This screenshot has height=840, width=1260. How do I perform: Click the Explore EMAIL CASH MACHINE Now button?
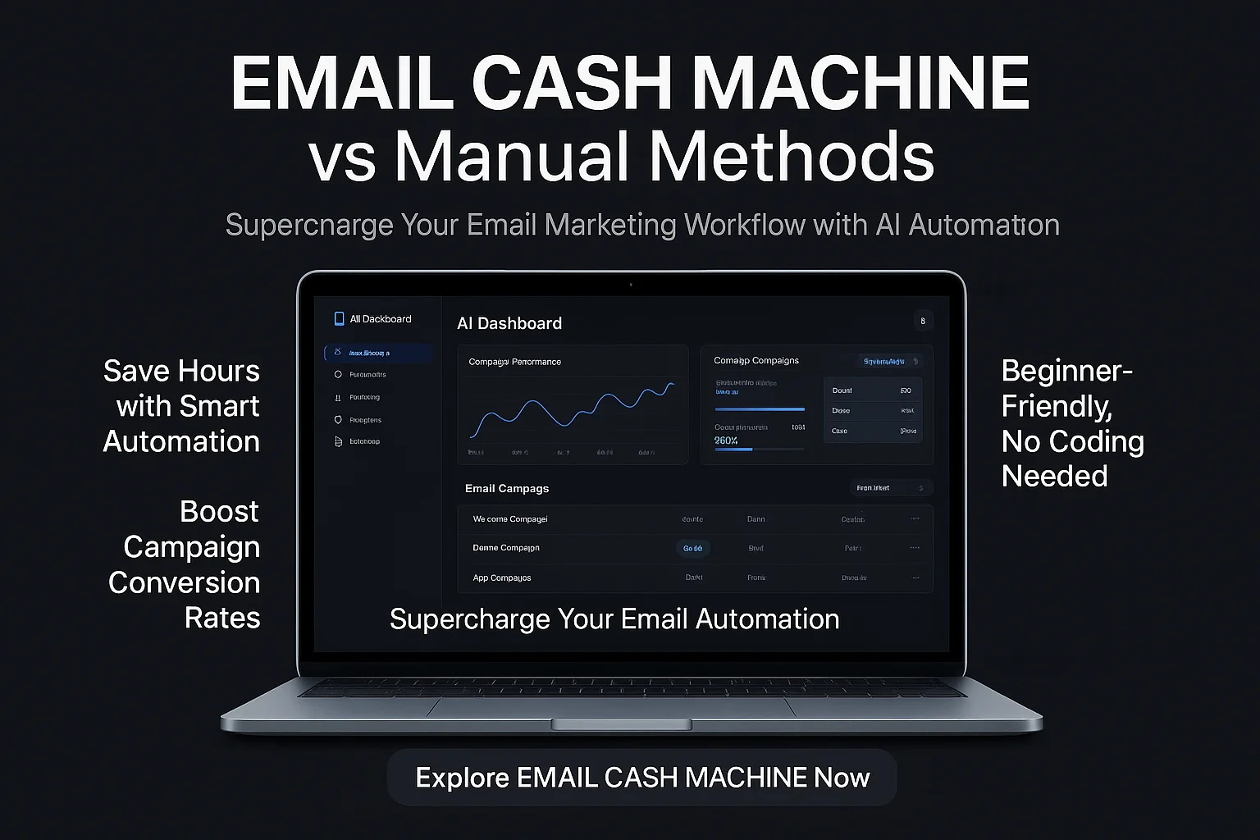point(641,777)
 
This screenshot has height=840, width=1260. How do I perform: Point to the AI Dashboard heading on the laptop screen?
point(509,323)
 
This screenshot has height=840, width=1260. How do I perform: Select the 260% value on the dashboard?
point(726,441)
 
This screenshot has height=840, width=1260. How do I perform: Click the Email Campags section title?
point(506,488)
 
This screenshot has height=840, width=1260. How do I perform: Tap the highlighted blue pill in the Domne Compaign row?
point(693,548)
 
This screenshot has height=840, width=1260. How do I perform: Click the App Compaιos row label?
point(501,577)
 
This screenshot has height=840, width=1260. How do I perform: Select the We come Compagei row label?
point(509,518)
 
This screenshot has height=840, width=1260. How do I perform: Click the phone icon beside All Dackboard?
point(339,319)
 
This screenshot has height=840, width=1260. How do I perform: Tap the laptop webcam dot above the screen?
point(631,285)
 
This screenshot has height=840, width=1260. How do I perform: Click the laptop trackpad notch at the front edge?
point(621,724)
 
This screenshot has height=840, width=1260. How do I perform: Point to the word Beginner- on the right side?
point(1066,371)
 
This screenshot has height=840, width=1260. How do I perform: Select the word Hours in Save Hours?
point(220,371)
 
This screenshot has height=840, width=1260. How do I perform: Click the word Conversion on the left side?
point(184,582)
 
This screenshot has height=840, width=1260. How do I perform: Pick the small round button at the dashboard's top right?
point(923,321)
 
